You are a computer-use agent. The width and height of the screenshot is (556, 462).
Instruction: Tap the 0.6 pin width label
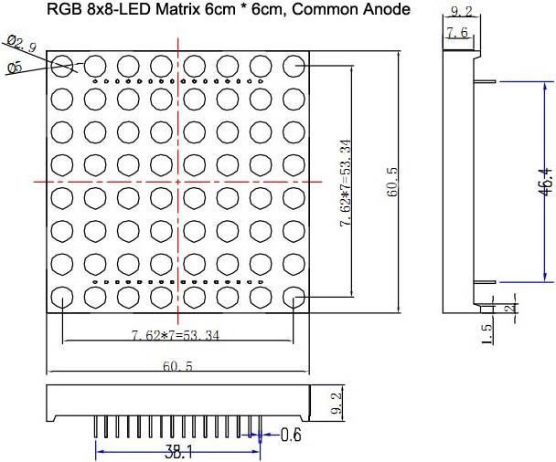[292, 434]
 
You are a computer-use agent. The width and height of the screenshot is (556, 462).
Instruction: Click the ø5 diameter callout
[14, 68]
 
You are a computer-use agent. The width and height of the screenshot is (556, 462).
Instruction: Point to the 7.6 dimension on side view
[457, 34]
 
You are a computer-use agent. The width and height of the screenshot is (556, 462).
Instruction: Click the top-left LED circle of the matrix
[62, 66]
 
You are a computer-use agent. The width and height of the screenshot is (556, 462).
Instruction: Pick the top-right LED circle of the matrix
[294, 66]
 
